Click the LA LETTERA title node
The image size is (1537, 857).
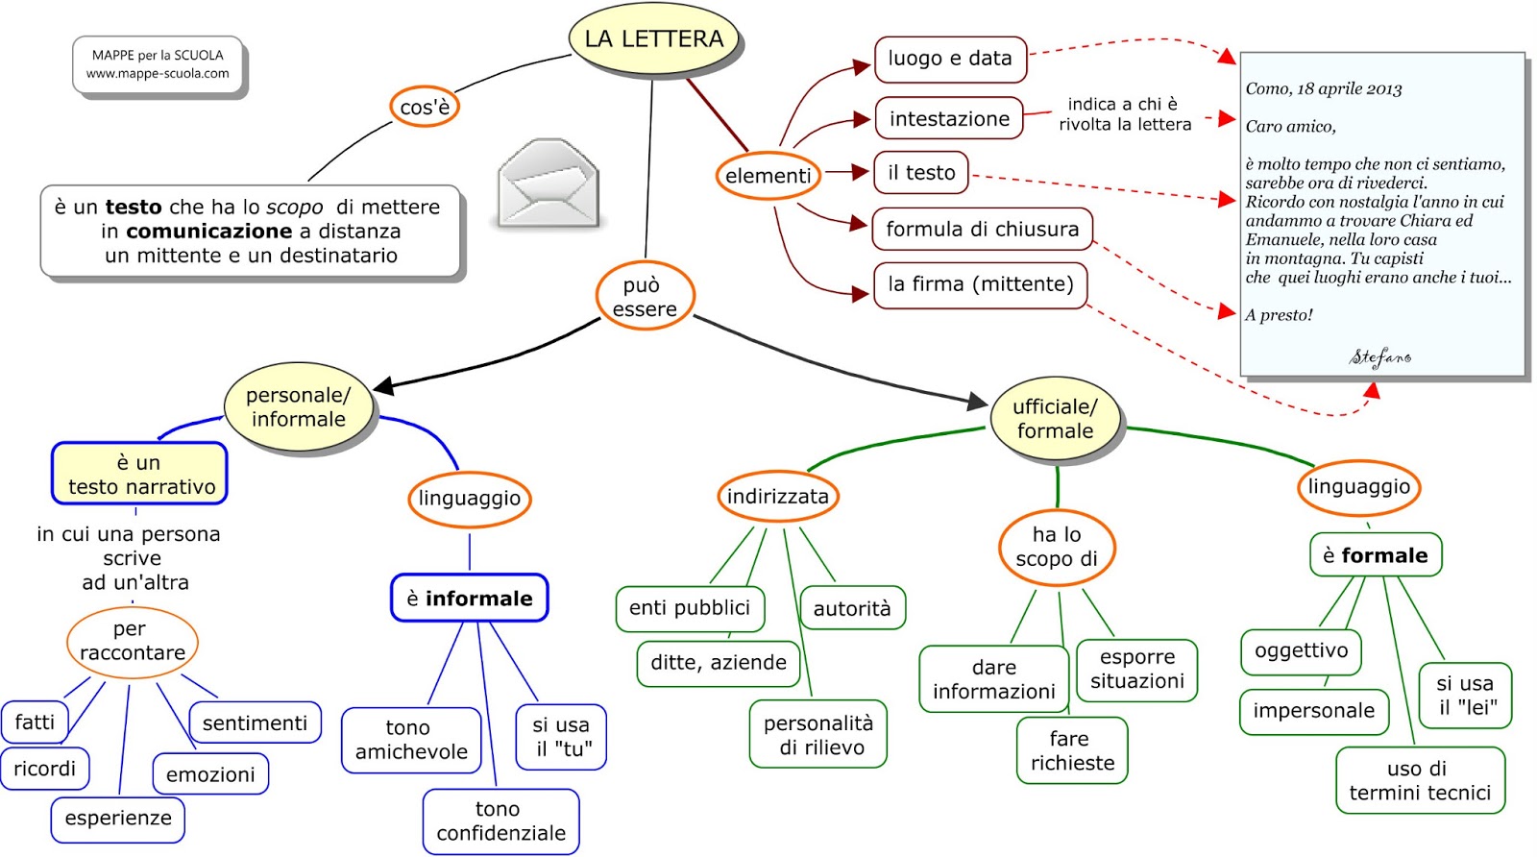654,39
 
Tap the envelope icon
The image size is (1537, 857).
549,183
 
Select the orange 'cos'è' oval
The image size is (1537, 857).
424,107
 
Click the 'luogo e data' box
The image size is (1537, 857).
949,59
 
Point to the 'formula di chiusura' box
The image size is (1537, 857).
982,230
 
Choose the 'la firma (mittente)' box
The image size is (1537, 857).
980,284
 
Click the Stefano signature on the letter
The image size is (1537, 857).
1380,357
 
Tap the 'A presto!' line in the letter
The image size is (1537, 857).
1279,315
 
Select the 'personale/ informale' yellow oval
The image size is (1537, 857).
298,407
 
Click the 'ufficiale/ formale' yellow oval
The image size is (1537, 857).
1055,419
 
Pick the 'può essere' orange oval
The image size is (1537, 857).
645,297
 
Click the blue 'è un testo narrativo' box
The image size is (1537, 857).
140,475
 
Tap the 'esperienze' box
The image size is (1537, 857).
118,819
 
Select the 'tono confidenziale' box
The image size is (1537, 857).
500,821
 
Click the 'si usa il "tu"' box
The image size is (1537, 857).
562,737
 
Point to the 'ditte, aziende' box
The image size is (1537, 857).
718,663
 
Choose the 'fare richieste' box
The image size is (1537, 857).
1072,751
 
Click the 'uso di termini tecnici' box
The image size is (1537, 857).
1420,780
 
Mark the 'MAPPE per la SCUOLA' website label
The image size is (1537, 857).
158,64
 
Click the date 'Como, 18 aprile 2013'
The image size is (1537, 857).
1323,89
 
